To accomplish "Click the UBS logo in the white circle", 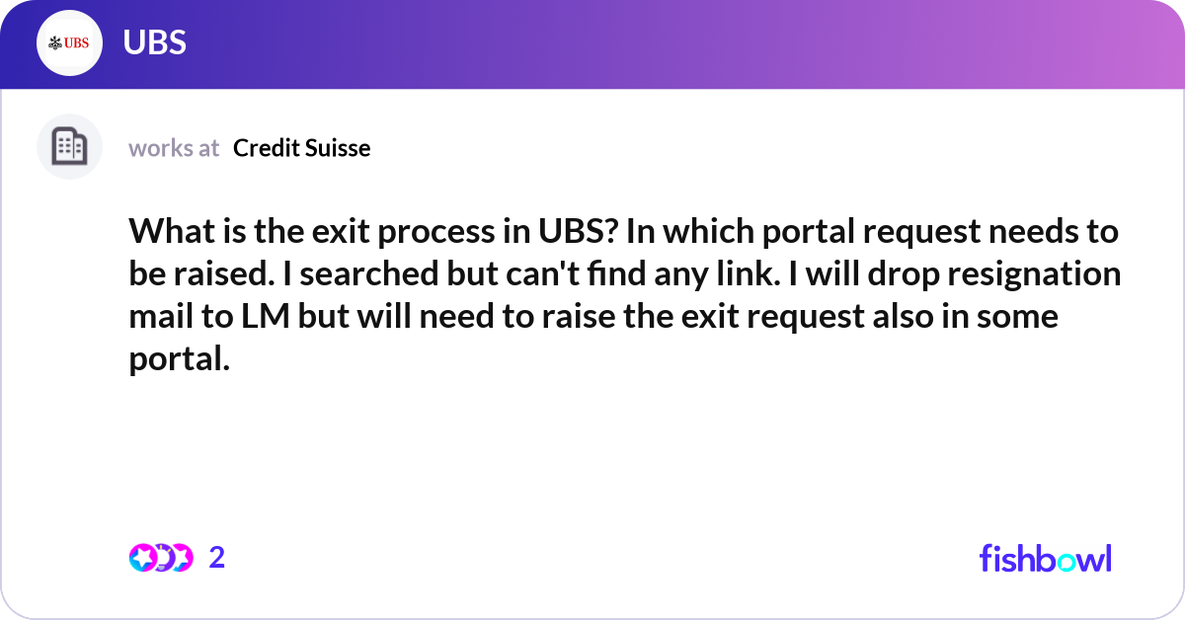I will pos(69,42).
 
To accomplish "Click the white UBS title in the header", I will pos(155,42).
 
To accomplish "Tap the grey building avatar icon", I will pos(69,146).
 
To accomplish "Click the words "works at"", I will pos(174,148).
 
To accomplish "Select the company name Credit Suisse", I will pos(301,148).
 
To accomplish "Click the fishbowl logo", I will pos(1045,558).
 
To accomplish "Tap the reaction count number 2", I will pos(217,558).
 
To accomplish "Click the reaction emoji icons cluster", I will pos(160,558).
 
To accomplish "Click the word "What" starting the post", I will pos(166,232).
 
